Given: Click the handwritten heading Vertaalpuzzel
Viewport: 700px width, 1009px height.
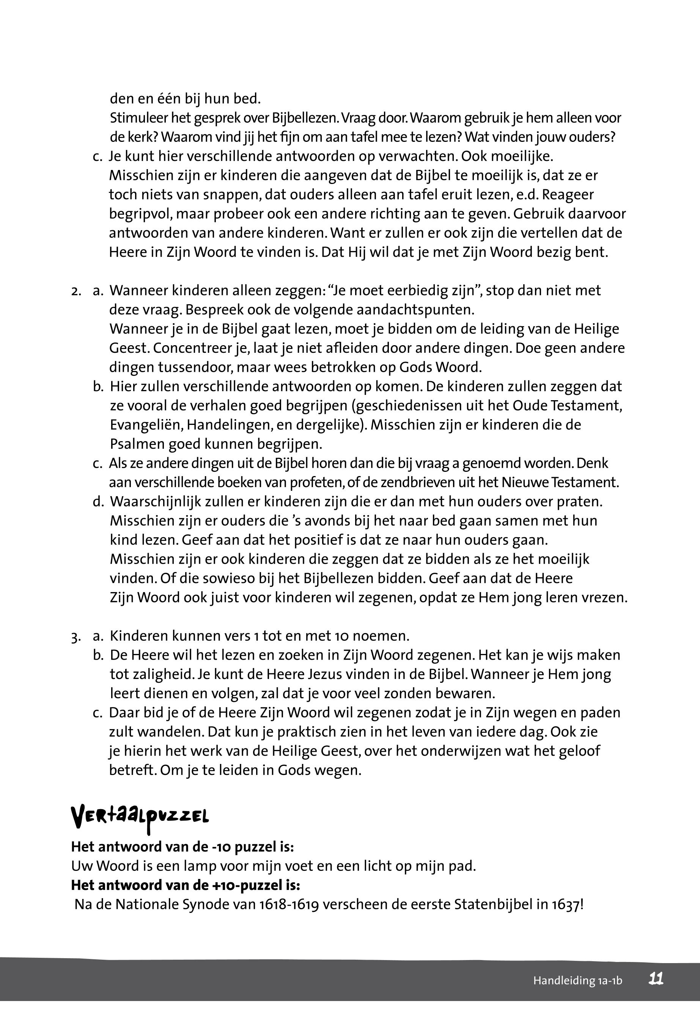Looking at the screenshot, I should [x=140, y=815].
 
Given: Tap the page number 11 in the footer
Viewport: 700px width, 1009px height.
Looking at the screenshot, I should [x=656, y=979].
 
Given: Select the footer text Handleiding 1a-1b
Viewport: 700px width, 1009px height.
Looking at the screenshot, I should [x=577, y=981].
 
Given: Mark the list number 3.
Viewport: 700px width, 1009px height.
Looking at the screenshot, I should [x=76, y=637].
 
